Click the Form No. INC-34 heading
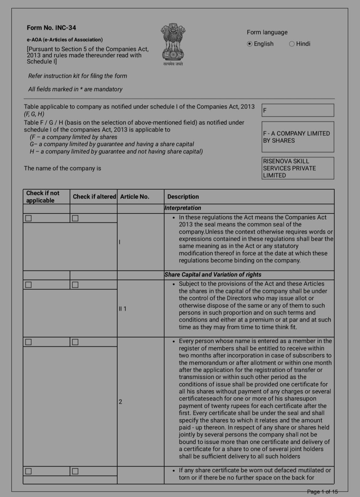pyautogui.click(x=51, y=28)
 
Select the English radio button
pyautogui.click(x=250, y=44)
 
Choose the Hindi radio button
pyautogui.click(x=292, y=44)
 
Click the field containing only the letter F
pyautogui.click(x=298, y=110)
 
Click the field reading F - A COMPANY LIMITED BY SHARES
pyautogui.click(x=298, y=137)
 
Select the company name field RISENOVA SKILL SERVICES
pyautogui.click(x=298, y=168)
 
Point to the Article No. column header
pyautogui.click(x=135, y=197)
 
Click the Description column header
pyautogui.click(x=183, y=197)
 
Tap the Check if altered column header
pyautogui.click(x=94, y=197)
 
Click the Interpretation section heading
pyautogui.click(x=183, y=208)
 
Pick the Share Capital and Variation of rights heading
pyautogui.click(x=213, y=275)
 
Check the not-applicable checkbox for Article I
pyautogui.click(x=29, y=218)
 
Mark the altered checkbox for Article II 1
pyautogui.click(x=75, y=285)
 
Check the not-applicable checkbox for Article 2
pyautogui.click(x=29, y=342)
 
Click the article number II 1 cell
pyautogui.click(x=122, y=309)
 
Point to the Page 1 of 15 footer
pyautogui.click(x=322, y=492)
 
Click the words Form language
pyautogui.click(x=267, y=32)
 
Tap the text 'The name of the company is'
pyautogui.click(x=62, y=168)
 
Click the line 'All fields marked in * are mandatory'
pyautogui.click(x=75, y=89)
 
